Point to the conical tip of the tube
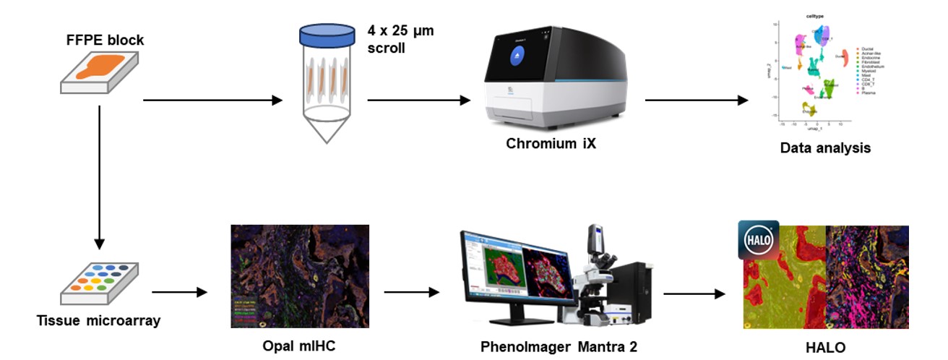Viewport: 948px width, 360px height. click(325, 132)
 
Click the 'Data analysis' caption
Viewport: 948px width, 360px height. click(824, 148)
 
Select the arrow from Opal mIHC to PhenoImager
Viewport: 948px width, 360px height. click(411, 292)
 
